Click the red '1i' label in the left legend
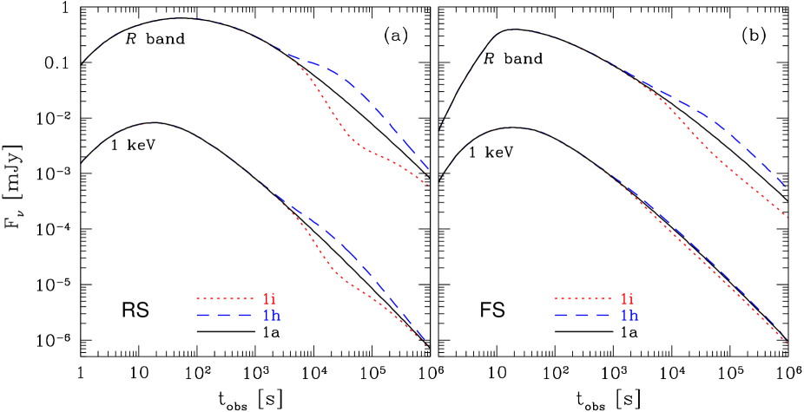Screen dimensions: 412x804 pos(270,299)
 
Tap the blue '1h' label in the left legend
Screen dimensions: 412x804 pos(272,315)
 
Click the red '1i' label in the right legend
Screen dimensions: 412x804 pos(629,299)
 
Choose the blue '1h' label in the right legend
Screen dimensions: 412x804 pos(630,315)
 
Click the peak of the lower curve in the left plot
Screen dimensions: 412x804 pos(153,123)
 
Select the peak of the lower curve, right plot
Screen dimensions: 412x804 pos(516,128)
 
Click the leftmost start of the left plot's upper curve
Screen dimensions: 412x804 pos(84,62)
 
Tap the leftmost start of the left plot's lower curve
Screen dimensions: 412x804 pos(81,162)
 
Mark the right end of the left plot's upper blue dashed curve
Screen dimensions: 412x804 pos(429,171)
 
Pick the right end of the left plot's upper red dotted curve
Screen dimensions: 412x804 pos(428,186)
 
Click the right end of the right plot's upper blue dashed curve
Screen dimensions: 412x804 pos(787,186)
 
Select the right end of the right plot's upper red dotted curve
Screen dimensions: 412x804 pos(788,218)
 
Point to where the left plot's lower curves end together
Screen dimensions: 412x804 pos(426,344)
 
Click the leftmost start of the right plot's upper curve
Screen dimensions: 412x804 pos(439,128)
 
